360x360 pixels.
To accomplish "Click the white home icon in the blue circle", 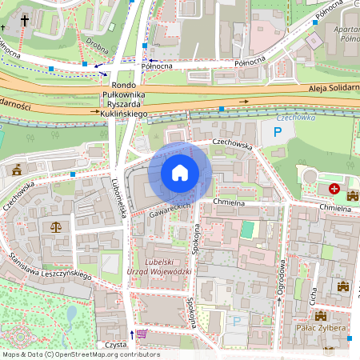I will click(x=180, y=173).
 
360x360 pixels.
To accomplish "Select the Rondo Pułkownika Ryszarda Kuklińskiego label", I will click(x=124, y=100).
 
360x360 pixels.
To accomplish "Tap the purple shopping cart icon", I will click(x=142, y=334).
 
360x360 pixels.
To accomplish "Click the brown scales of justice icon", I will click(x=55, y=227).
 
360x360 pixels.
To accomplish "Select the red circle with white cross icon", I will click(x=334, y=189).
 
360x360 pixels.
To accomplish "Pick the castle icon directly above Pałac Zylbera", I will click(x=322, y=316).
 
